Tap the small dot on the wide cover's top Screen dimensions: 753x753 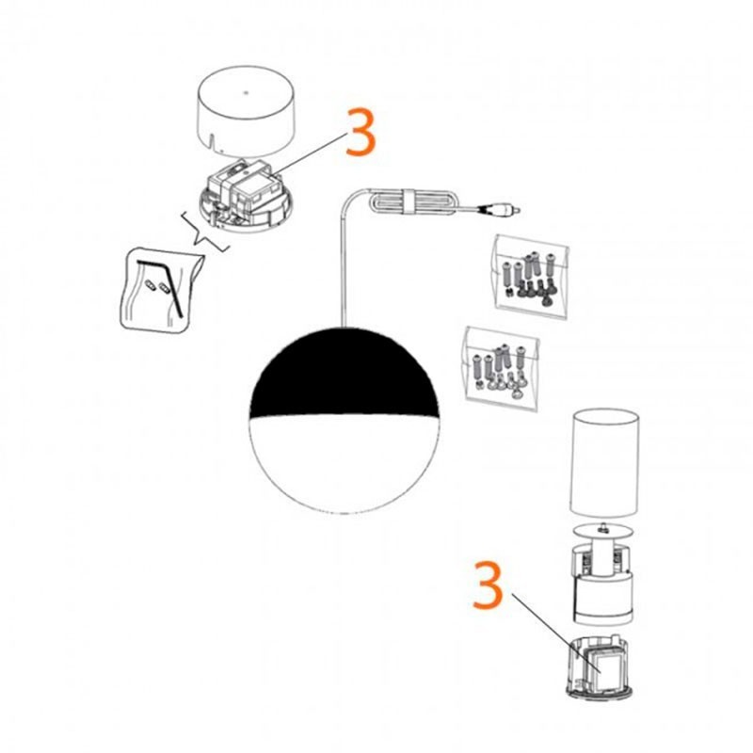click(x=243, y=92)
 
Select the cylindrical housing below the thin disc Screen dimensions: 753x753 click(x=605, y=584)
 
